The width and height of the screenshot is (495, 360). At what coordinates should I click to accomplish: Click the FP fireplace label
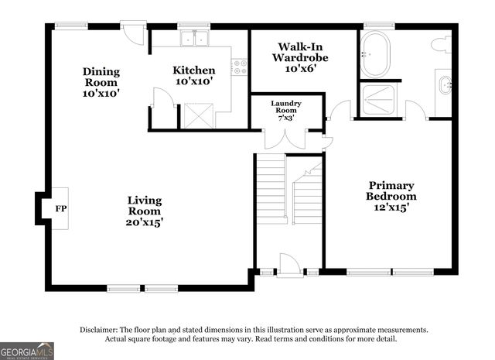click(x=60, y=208)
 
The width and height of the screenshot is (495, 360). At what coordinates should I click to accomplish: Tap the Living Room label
click(x=145, y=205)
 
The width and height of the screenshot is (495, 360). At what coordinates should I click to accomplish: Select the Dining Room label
click(x=101, y=77)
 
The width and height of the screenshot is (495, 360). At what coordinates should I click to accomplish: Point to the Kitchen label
click(x=193, y=71)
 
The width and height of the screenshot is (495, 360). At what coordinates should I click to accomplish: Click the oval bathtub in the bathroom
click(x=375, y=54)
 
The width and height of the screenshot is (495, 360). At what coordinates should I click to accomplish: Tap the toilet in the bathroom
click(x=442, y=45)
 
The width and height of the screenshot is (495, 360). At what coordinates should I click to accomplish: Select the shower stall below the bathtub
click(x=378, y=100)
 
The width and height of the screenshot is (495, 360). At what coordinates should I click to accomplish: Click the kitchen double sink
click(x=194, y=38)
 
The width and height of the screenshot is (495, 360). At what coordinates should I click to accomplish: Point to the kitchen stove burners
click(x=240, y=67)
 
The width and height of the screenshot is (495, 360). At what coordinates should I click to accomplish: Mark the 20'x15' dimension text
click(x=145, y=222)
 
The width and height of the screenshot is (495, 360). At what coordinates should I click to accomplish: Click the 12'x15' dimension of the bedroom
click(x=391, y=207)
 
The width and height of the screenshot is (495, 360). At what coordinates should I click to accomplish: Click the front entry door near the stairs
click(x=290, y=266)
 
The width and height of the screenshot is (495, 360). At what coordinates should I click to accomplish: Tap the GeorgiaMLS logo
click(x=27, y=351)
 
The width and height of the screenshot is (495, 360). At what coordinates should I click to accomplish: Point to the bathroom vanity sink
click(x=445, y=84)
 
